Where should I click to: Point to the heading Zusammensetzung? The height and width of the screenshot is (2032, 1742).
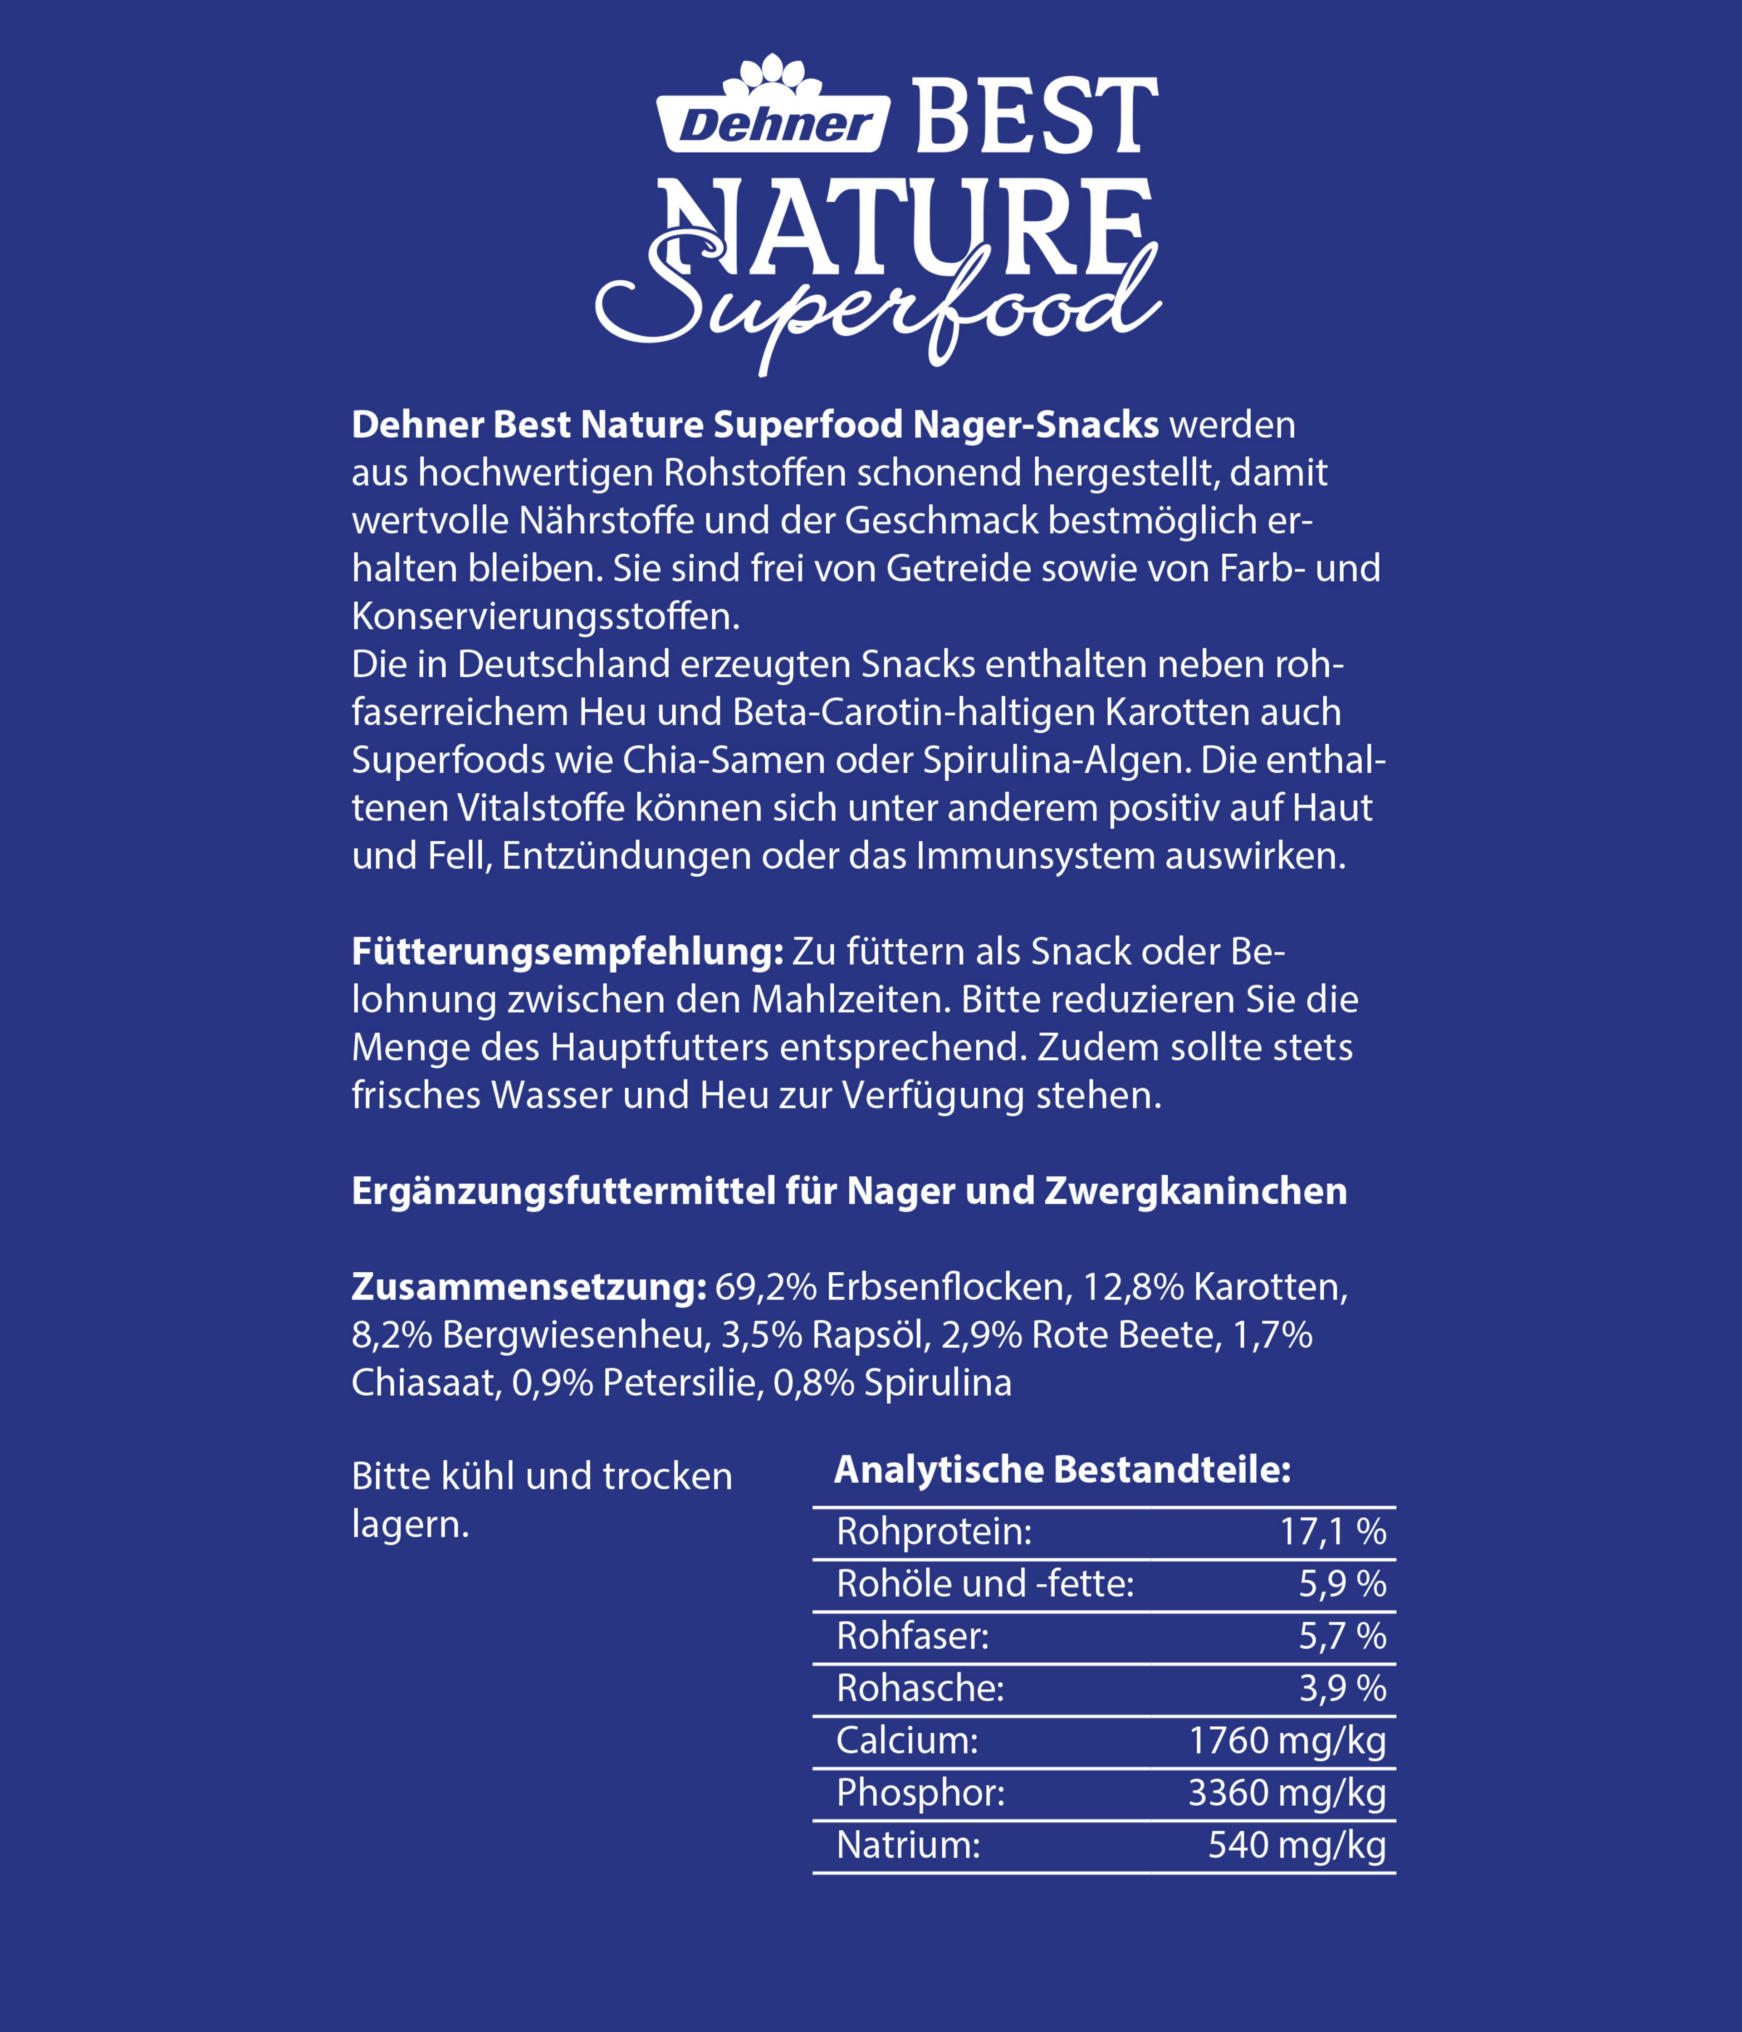pyautogui.click(x=528, y=1287)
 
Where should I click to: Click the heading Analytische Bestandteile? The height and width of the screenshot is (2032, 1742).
pyautogui.click(x=1062, y=1469)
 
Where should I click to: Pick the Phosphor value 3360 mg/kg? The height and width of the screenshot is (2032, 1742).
pyautogui.click(x=1287, y=1793)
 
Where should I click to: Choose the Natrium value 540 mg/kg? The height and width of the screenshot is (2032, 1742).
pyautogui.click(x=1297, y=1845)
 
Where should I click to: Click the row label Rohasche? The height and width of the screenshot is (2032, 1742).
pyautogui.click(x=920, y=1688)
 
